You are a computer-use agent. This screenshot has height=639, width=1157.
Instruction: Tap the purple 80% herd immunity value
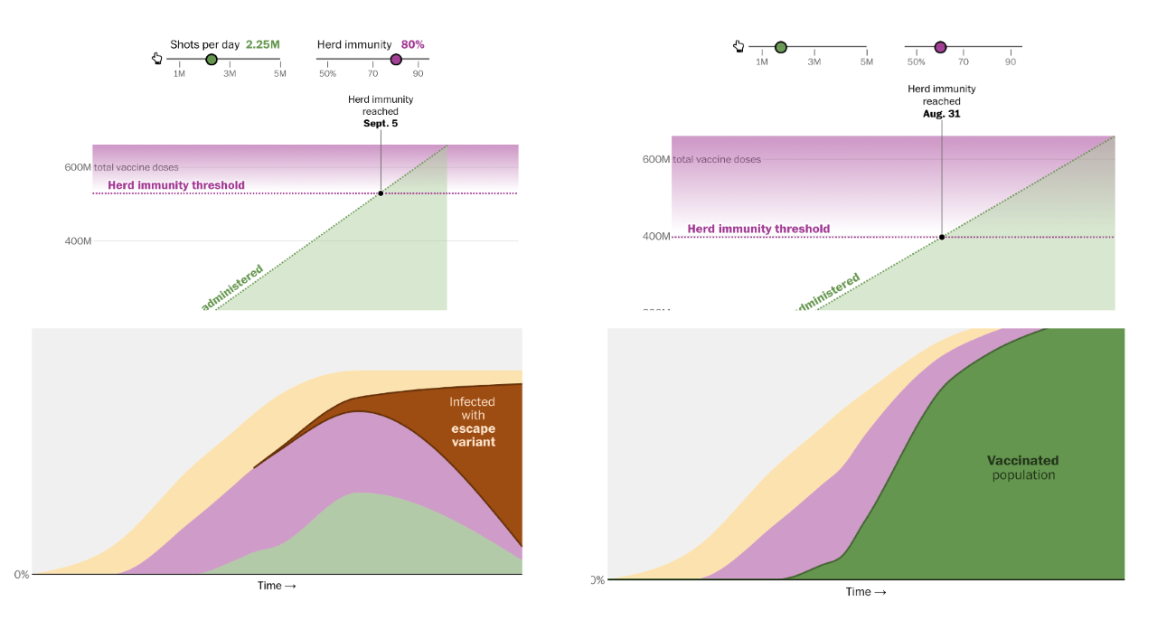412,44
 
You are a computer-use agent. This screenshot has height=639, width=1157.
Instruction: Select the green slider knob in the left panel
212,60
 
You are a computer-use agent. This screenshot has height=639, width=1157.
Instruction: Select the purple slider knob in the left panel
396,60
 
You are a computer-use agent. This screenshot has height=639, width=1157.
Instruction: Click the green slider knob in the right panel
781,47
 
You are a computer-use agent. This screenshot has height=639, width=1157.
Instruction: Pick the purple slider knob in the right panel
940,47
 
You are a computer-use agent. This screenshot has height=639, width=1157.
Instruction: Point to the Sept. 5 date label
381,124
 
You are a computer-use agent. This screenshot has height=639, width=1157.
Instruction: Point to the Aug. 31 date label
942,114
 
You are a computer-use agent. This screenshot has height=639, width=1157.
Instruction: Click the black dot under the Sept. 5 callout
381,193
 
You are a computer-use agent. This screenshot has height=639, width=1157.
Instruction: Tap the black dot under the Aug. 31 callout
942,237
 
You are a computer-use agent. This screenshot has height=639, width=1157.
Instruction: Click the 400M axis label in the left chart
78,241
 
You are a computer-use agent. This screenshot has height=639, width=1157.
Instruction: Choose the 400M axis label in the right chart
656,237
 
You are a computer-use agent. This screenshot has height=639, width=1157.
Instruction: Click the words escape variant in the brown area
473,436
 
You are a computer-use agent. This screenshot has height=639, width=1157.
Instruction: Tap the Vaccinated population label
1022,467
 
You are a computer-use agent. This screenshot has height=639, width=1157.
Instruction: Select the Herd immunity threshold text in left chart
176,185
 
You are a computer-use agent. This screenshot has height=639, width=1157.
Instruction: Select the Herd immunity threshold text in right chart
758,229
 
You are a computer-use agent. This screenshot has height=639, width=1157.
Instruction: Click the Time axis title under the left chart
277,586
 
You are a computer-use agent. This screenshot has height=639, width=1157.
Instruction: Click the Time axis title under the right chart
865,592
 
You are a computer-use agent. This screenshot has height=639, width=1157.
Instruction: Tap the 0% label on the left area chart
21,575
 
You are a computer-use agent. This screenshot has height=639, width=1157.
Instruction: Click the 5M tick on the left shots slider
280,74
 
